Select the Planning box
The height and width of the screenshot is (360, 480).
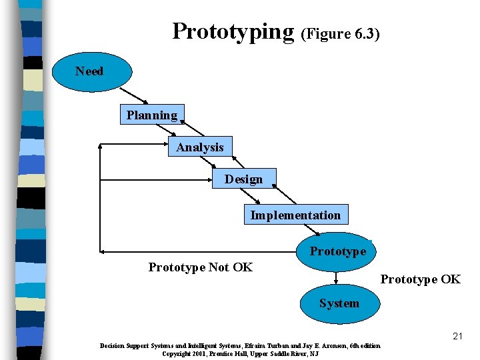pyautogui.click(x=152, y=115)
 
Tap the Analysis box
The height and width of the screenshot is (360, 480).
pyautogui.click(x=200, y=147)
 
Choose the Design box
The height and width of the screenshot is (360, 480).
pyautogui.click(x=243, y=179)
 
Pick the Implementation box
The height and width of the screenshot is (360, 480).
pyautogui.click(x=295, y=215)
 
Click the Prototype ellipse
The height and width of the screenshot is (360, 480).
pyautogui.click(x=337, y=251)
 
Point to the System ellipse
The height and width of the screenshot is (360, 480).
pyautogui.click(x=339, y=303)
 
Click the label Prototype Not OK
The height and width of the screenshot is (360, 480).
pyautogui.click(x=200, y=267)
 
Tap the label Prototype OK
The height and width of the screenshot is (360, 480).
pyautogui.click(x=420, y=279)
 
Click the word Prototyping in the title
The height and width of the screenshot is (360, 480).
pyautogui.click(x=233, y=31)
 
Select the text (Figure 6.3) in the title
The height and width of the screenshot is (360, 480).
pyautogui.click(x=341, y=34)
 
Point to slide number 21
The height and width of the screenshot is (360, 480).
pyautogui.click(x=457, y=336)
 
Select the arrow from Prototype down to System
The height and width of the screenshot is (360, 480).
pyautogui.click(x=336, y=278)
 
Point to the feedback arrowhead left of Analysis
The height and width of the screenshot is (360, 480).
pyautogui.click(x=101, y=144)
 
